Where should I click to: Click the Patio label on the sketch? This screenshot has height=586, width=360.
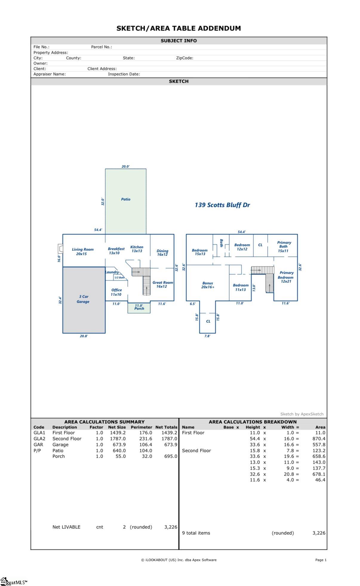click(x=126, y=199)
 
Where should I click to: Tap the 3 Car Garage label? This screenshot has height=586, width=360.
click(x=83, y=299)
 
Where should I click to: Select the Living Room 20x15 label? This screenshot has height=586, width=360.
click(x=82, y=251)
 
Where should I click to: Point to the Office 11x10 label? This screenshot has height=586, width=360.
click(x=116, y=292)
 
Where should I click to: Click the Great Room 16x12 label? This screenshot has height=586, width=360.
click(x=162, y=284)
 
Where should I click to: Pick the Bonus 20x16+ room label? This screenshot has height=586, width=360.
click(x=207, y=285)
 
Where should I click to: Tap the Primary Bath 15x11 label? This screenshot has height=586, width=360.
click(x=284, y=247)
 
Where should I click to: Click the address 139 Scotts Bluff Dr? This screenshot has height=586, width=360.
click(x=222, y=205)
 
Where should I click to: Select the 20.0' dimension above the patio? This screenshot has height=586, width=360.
click(x=126, y=166)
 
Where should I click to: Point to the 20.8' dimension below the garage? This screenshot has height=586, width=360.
click(x=84, y=336)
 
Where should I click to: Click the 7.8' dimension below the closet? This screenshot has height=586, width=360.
click(x=207, y=336)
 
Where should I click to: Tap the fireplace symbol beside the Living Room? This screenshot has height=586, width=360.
click(x=60, y=248)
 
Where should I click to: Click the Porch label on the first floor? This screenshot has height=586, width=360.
click(x=139, y=308)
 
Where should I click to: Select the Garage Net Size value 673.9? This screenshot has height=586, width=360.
click(x=118, y=445)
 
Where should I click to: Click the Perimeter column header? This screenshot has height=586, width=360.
click(x=141, y=427)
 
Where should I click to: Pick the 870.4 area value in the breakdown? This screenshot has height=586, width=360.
click(x=319, y=439)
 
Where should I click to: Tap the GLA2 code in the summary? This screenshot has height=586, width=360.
click(x=39, y=439)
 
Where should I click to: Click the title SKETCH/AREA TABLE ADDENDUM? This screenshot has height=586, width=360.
click(x=179, y=28)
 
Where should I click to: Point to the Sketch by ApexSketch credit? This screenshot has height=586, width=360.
click(x=301, y=414)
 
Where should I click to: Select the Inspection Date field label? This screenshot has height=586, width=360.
click(x=124, y=74)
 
